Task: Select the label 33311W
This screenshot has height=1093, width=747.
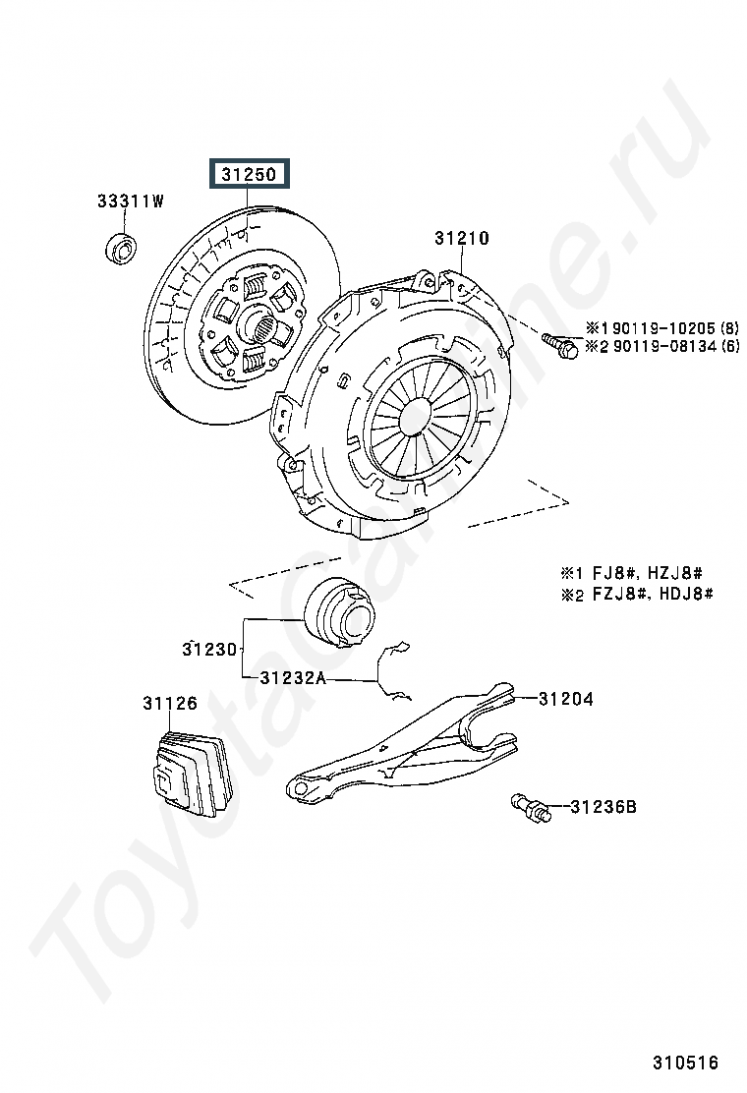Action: pyautogui.click(x=130, y=201)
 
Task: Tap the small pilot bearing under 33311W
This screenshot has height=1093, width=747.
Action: pyautogui.click(x=121, y=249)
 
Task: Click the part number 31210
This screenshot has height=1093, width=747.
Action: pyautogui.click(x=462, y=238)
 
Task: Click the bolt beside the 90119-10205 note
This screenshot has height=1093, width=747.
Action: pyautogui.click(x=561, y=345)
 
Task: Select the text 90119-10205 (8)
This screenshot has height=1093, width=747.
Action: pyautogui.click(x=662, y=327)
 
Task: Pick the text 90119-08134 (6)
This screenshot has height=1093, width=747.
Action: pyautogui.click(x=662, y=346)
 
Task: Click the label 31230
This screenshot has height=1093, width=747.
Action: pyautogui.click(x=209, y=649)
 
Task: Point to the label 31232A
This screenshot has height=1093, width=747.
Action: pyautogui.click(x=293, y=677)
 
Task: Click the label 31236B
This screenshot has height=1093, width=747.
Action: pyautogui.click(x=603, y=807)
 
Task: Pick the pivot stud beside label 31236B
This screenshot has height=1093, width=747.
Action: pyautogui.click(x=531, y=808)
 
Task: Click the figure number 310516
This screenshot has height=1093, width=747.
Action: pyautogui.click(x=686, y=1063)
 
